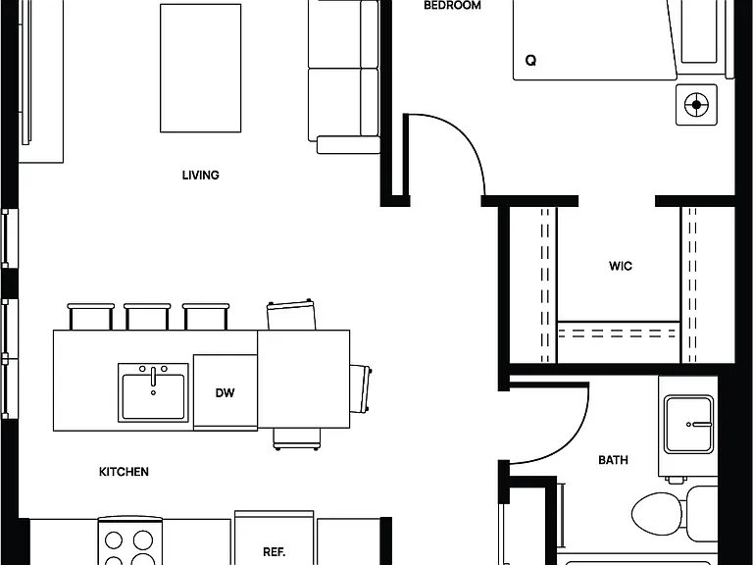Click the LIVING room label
click(x=201, y=175)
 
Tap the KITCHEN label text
click(x=124, y=472)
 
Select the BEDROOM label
click(x=452, y=6)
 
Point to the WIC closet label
click(x=621, y=266)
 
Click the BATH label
click(x=613, y=460)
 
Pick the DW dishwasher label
click(x=225, y=393)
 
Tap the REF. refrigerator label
click(x=275, y=551)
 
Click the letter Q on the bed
click(x=530, y=61)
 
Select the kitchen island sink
click(x=153, y=393)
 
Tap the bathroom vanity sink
click(x=688, y=424)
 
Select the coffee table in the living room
click(x=201, y=69)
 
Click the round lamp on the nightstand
click(x=696, y=105)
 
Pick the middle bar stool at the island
click(x=147, y=316)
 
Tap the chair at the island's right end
click(x=360, y=389)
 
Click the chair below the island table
click(x=297, y=439)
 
